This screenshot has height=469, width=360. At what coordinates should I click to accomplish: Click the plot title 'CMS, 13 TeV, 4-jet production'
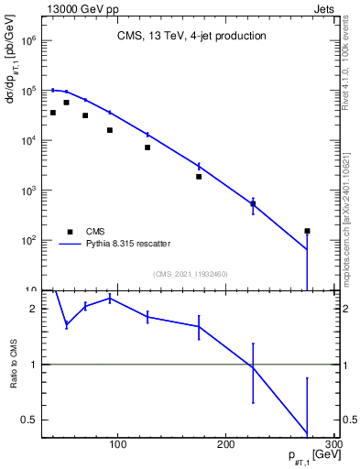tap(191, 37)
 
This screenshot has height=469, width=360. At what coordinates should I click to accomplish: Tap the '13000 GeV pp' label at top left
tap(72, 7)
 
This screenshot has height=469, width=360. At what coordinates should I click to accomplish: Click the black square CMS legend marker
tap(68, 232)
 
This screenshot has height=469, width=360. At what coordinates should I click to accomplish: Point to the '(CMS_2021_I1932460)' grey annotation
tap(191, 274)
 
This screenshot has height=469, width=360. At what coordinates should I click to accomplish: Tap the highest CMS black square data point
tap(66, 103)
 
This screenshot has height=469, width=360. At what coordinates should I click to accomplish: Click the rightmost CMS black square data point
tap(307, 231)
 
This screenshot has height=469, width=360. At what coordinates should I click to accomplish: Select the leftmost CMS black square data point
tap(53, 113)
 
